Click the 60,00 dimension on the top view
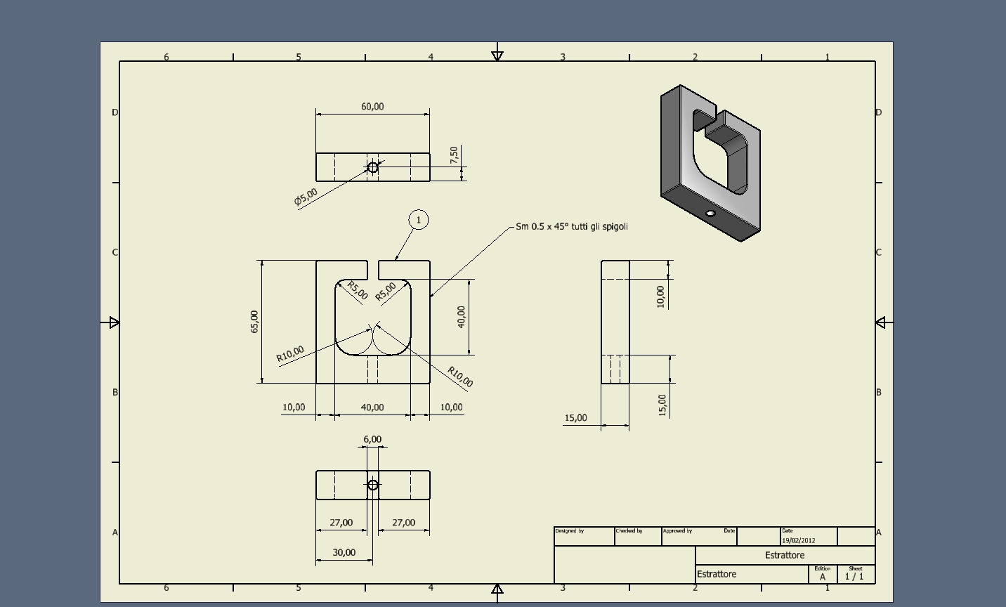point(372,107)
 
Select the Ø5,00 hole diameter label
point(306,197)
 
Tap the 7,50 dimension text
point(454,155)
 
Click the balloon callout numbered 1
point(419,221)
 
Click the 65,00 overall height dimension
point(254,321)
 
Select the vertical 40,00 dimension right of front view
point(461,316)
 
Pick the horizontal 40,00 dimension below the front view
point(372,407)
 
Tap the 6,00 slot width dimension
point(372,440)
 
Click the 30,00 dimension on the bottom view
point(344,553)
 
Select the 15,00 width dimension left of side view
point(575,418)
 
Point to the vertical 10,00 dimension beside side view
point(660,296)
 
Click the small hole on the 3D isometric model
point(710,214)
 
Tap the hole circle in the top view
point(373,168)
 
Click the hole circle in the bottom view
point(373,485)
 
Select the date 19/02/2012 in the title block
point(799,540)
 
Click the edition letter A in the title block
point(823,577)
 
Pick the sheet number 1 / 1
point(854,577)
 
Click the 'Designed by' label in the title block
point(570,531)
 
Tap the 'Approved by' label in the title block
point(678,531)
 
